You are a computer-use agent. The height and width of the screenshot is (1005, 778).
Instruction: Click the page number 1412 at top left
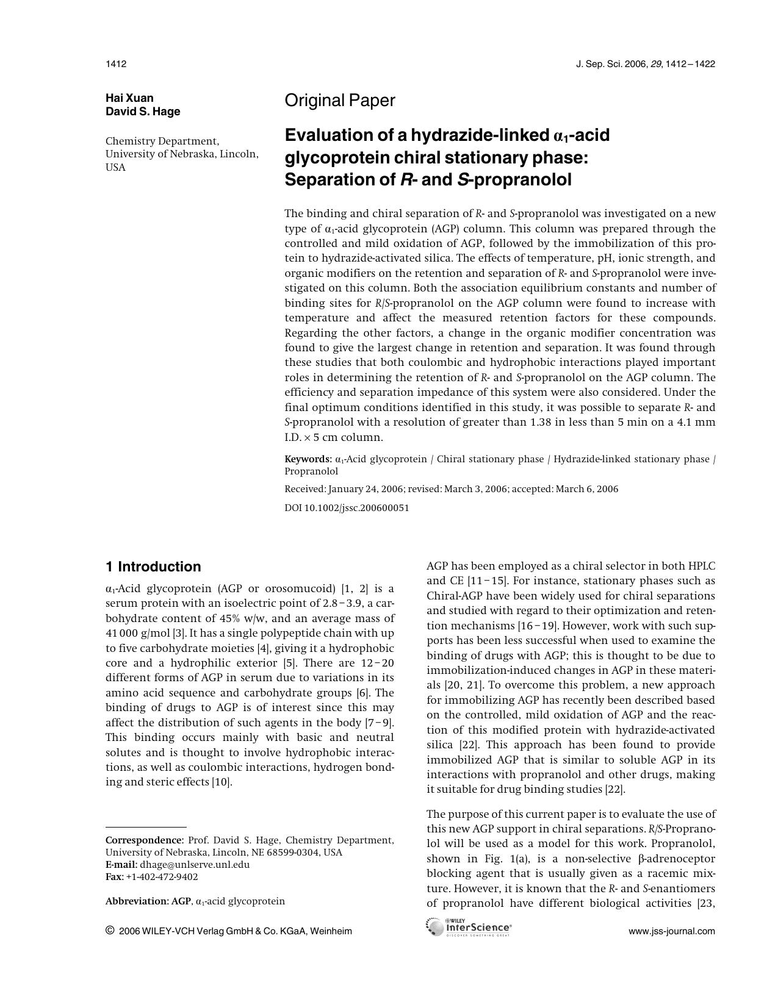[x=115, y=64]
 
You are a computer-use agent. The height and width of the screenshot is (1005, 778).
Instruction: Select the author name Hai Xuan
[x=129, y=98]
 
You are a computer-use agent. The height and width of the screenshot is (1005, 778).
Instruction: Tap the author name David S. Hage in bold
[x=143, y=112]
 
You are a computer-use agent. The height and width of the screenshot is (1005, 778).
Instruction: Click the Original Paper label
[x=340, y=101]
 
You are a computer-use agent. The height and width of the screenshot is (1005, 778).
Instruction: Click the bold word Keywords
[x=307, y=459]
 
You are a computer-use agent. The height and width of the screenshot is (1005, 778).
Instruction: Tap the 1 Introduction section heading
[x=153, y=567]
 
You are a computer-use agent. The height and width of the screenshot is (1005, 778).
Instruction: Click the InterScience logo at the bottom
[x=469, y=928]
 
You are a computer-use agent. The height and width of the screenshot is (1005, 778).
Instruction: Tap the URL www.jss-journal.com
[x=671, y=931]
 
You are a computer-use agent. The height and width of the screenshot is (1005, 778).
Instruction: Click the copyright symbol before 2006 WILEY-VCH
[x=110, y=930]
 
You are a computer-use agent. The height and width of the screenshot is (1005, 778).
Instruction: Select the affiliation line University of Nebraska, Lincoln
[x=182, y=154]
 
